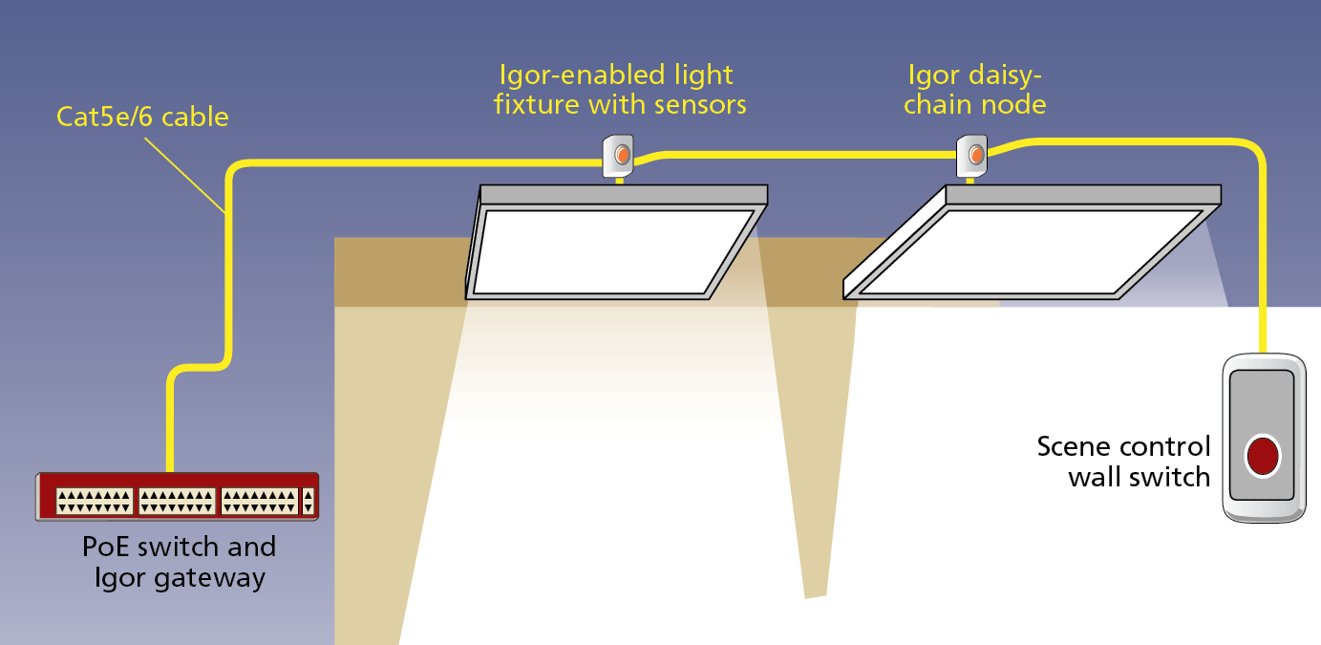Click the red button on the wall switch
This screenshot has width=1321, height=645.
click(1263, 454)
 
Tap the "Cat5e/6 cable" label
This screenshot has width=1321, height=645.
click(142, 117)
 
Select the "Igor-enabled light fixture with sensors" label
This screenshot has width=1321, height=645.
click(619, 89)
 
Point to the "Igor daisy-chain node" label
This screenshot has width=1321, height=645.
click(974, 89)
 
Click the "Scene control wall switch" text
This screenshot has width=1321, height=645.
click(1124, 461)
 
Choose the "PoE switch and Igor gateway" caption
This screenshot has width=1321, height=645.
click(179, 562)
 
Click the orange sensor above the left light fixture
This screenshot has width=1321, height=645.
click(622, 153)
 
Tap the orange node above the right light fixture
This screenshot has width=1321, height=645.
click(975, 153)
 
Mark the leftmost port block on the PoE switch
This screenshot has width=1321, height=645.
click(94, 502)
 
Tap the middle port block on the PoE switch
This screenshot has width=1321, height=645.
click(177, 502)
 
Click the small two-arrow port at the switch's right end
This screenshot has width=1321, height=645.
click(308, 502)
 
